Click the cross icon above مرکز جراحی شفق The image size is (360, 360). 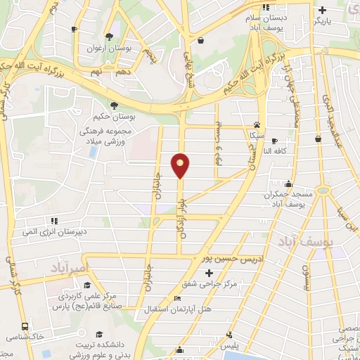tap(210, 272)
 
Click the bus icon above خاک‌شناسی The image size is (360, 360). tap(25, 327)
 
